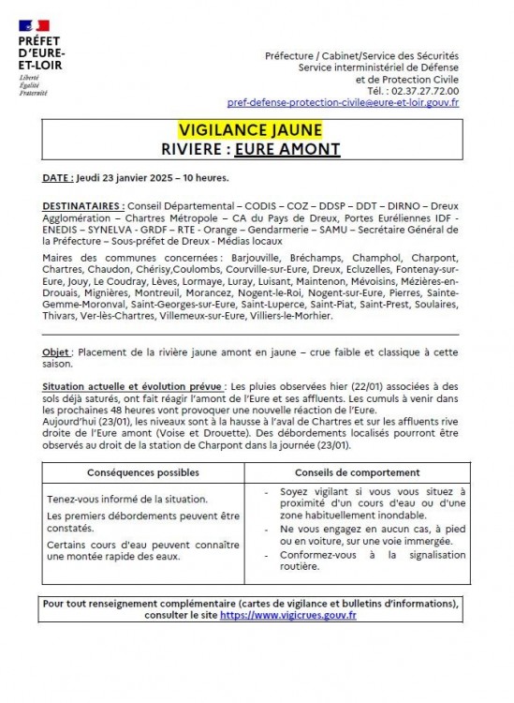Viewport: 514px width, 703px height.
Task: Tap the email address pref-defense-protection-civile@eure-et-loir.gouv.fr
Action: tap(343, 102)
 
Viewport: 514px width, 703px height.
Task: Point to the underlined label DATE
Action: tap(60, 177)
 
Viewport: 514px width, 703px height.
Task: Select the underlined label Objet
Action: tap(57, 351)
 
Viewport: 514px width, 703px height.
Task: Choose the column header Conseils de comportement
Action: tap(361, 472)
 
